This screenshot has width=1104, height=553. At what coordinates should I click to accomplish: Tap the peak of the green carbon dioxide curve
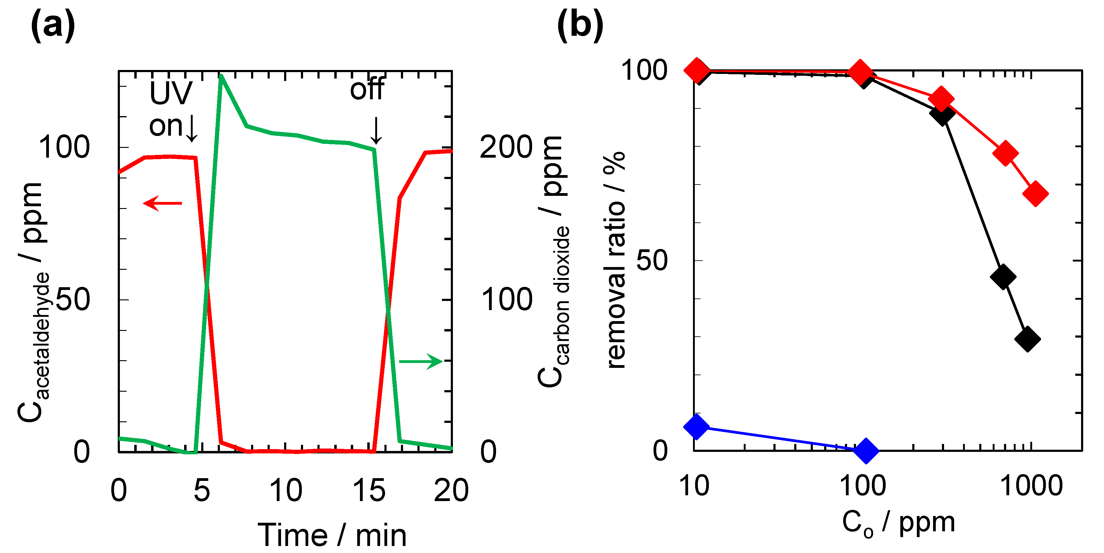coord(221,76)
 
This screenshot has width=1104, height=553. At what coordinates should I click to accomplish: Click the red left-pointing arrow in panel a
coord(162,203)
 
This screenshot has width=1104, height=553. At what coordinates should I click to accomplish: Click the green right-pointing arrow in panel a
coord(421,362)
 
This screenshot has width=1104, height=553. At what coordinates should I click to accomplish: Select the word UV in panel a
coord(171,93)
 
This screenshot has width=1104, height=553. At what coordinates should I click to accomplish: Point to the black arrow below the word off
coord(376,130)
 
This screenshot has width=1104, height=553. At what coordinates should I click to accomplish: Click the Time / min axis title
coord(332,535)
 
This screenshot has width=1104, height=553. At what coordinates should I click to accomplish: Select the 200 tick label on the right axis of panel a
coord(506,147)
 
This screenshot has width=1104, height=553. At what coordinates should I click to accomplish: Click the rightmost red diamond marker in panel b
coord(1035,193)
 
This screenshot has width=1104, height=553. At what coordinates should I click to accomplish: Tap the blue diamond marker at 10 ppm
coord(696,426)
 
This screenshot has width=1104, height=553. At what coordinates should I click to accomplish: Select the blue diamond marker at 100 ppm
coord(866,450)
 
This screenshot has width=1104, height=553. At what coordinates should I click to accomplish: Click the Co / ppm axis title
coord(898,523)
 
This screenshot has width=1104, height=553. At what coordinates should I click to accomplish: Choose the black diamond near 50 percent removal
coord(1003,276)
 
